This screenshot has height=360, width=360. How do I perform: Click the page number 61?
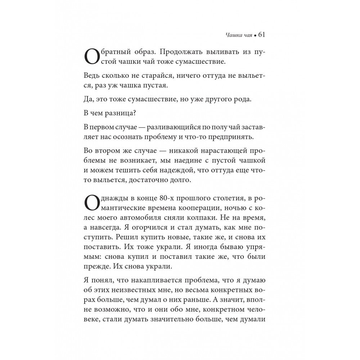coord(261,35)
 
